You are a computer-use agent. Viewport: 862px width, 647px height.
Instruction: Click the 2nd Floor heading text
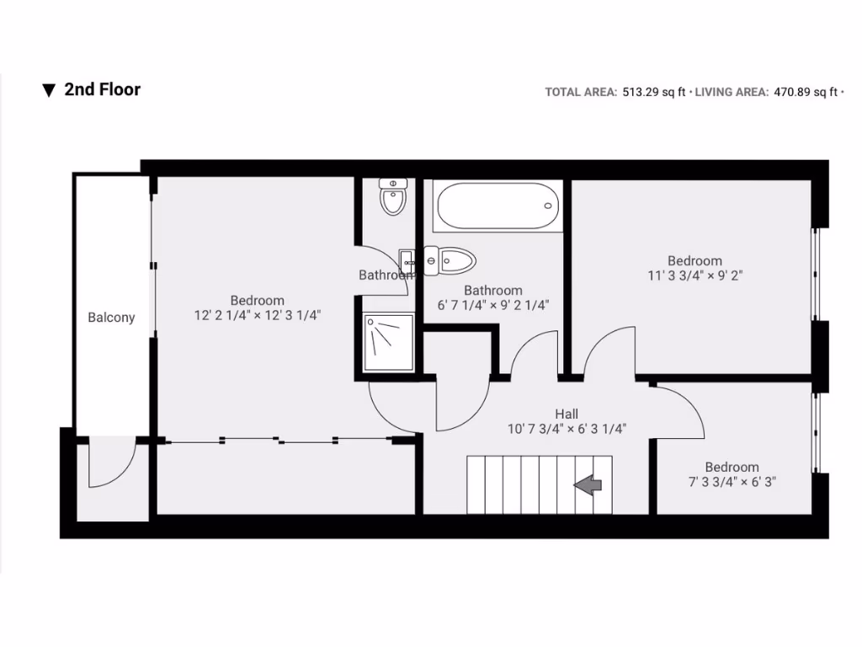pos(102,89)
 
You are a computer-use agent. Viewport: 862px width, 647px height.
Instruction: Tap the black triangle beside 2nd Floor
pos(49,90)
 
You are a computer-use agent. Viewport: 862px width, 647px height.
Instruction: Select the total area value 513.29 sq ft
pos(653,93)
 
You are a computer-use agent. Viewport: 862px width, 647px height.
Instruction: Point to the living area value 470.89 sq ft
pos(806,93)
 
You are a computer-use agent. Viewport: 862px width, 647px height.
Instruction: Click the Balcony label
pos(111,318)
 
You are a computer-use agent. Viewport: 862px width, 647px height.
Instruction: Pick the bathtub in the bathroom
pos(497,206)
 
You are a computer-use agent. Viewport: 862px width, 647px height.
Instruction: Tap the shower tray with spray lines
pos(389,341)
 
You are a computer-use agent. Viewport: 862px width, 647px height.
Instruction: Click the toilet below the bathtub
pos(450,260)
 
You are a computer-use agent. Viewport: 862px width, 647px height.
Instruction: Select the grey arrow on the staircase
pos(588,484)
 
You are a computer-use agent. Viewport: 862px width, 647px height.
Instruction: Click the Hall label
pos(567,414)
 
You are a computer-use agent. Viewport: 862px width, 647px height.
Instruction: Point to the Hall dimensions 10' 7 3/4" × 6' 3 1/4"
pos(567,428)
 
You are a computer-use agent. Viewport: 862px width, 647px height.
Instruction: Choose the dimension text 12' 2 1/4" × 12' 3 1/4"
pos(257,315)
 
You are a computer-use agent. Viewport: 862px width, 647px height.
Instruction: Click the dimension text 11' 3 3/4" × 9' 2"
pos(694,275)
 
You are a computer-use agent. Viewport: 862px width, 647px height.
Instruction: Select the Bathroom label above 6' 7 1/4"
pos(493,291)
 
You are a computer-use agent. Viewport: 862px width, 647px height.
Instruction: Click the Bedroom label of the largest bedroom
pos(257,300)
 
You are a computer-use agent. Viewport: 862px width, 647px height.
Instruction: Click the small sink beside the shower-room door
pos(407,258)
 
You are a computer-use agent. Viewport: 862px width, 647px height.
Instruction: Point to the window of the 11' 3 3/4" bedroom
pos(815,274)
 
